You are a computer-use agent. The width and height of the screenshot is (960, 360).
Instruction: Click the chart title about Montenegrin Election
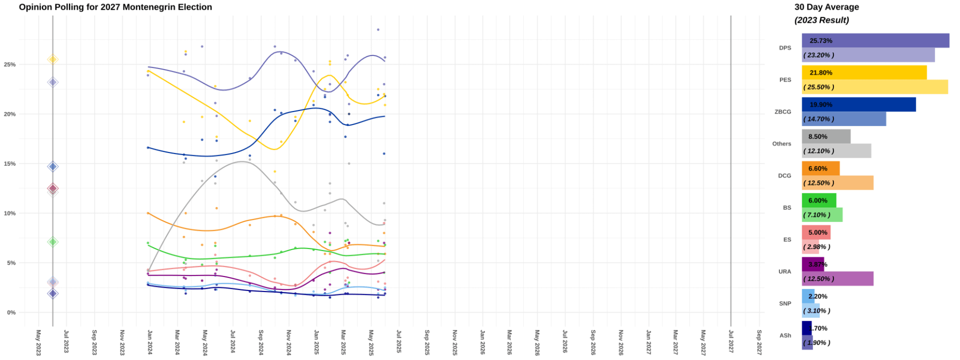(x=115, y=7)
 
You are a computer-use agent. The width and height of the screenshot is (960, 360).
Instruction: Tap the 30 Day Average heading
(x=826, y=7)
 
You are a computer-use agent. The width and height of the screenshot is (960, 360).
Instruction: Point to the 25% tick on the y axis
(x=10, y=65)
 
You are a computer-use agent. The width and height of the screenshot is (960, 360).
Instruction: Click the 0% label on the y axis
(x=11, y=312)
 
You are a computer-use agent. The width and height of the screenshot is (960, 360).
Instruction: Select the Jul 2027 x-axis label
(x=731, y=342)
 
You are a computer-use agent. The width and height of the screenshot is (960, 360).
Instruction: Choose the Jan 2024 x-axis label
(x=149, y=342)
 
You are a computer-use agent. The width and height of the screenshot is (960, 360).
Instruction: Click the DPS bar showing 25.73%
(x=875, y=40)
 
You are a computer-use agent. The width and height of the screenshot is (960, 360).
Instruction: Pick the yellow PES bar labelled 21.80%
(x=863, y=73)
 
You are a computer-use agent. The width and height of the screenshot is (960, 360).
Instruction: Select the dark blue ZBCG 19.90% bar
(x=858, y=104)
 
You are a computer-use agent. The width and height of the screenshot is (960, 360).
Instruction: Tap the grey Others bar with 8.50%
(x=826, y=136)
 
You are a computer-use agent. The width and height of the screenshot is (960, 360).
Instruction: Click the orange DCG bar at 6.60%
(x=820, y=169)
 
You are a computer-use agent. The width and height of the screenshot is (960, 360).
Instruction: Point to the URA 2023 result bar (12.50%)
(x=837, y=279)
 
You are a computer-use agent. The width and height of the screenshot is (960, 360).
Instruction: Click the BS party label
(x=787, y=207)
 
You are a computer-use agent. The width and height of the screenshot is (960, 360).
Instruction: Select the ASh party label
(x=785, y=336)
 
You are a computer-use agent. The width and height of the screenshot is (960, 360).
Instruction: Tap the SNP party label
(x=785, y=303)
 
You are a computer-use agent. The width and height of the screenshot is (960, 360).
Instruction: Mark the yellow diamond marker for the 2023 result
(x=52, y=60)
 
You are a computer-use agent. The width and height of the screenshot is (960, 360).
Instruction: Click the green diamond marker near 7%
(x=52, y=242)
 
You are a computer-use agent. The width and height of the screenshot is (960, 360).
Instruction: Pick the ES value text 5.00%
(x=818, y=232)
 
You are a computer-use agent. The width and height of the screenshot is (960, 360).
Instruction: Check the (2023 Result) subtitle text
(x=821, y=20)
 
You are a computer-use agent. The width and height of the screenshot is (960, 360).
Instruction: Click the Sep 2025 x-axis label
(x=427, y=342)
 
